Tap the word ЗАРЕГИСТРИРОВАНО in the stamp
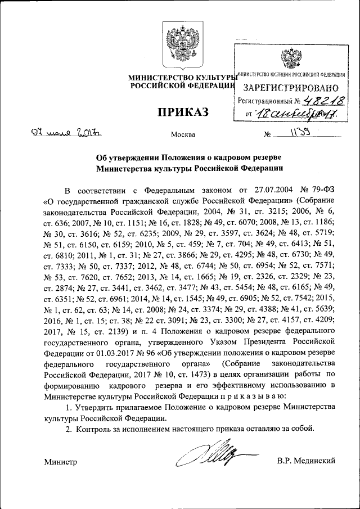(x=290, y=88)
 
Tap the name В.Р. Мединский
(x=306, y=461)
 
